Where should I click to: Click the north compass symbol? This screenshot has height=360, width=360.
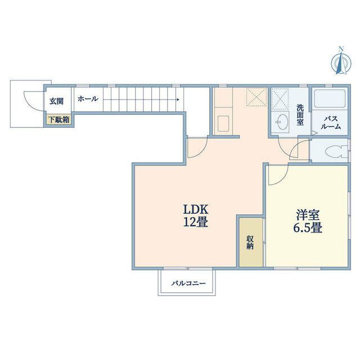[340, 61]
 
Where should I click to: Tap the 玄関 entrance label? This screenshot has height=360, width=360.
[56, 101]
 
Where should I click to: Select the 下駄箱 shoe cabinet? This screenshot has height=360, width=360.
[58, 119]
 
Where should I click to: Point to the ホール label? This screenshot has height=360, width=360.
[88, 99]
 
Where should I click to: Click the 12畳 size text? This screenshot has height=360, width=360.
[195, 222]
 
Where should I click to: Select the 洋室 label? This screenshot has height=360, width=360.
[308, 214]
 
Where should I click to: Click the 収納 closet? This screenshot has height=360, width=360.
[250, 241]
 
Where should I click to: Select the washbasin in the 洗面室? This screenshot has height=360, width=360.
[281, 120]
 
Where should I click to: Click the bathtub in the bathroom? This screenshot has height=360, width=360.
[330, 100]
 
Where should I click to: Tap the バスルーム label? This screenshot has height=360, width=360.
[331, 122]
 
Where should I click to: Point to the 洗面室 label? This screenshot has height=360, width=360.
[300, 115]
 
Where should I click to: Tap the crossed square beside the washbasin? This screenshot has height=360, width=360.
[280, 99]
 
